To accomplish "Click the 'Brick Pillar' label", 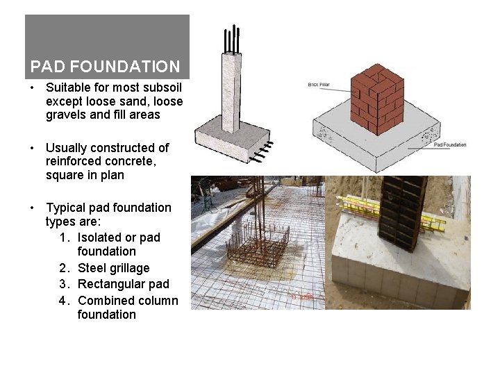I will click(319, 85).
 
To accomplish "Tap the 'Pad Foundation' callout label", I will click(449, 144).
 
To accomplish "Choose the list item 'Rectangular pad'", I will click(123, 284).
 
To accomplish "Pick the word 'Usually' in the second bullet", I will click(67, 147).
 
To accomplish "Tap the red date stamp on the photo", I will click(302, 297).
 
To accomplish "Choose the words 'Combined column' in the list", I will click(128, 301).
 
